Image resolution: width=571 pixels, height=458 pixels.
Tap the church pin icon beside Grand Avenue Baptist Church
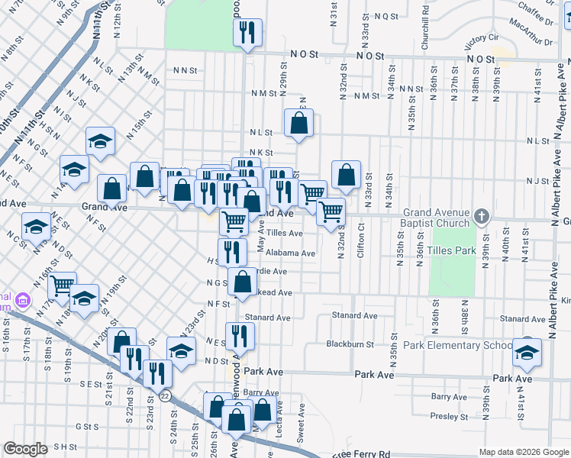tap(480, 217)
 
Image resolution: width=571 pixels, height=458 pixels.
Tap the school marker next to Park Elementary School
tap(526, 351)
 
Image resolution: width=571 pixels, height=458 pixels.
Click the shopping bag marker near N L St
tap(298, 123)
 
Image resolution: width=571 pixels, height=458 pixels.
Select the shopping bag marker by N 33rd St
tap(346, 174)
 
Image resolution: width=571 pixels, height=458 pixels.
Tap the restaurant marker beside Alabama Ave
tap(232, 251)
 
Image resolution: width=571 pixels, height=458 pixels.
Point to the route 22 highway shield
tap(165, 395)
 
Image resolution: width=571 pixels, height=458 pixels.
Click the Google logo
tap(25, 449)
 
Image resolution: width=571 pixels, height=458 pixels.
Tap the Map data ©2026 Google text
tap(523, 452)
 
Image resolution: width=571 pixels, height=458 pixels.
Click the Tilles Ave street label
tap(285, 234)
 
